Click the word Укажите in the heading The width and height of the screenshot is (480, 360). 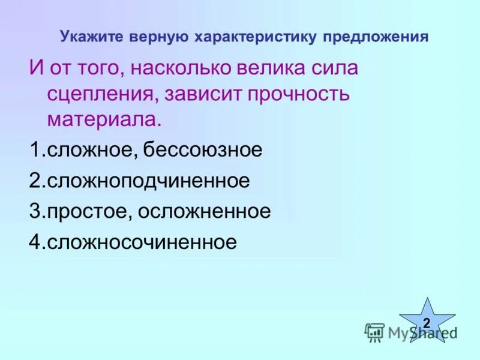coord(89,37)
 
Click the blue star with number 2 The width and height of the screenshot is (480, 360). coord(427,322)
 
